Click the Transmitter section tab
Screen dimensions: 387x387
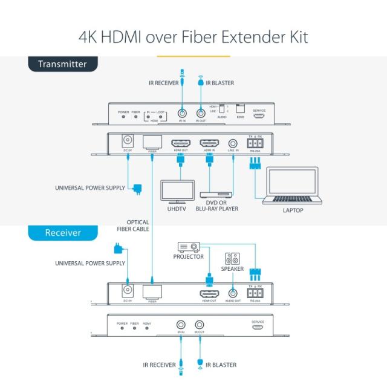coord(62,64)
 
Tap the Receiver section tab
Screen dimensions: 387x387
coord(62,233)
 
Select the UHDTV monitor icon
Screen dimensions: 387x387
coord(177,192)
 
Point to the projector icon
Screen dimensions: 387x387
coord(189,247)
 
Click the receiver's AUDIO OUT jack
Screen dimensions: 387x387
coord(232,293)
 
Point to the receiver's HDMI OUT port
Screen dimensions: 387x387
coord(209,294)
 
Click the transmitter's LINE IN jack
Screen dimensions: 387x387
coord(233,143)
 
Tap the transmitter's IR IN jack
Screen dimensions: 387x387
coord(181,112)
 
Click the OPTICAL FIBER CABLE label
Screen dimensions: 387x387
coord(133,226)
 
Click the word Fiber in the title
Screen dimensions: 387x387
coord(204,37)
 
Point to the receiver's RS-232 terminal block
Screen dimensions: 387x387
coord(255,294)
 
